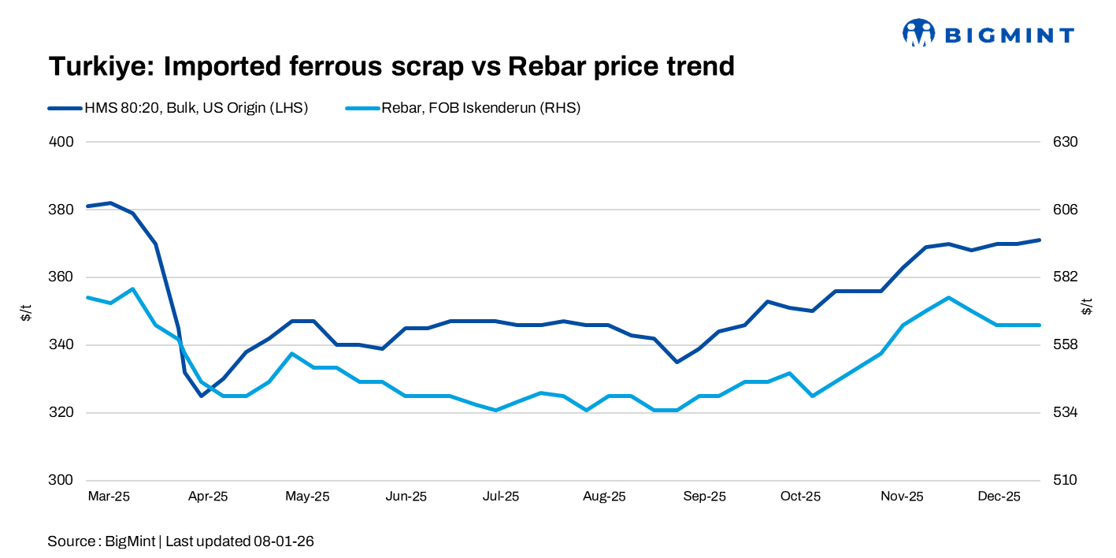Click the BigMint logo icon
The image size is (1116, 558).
pos(918,33)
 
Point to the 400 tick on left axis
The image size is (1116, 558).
pos(62,142)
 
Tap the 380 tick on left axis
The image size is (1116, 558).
pos(62,210)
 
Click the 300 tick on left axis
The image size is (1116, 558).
pos(62,480)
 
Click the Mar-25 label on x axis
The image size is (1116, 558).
pos(109,497)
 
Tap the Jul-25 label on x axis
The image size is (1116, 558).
pos(500,497)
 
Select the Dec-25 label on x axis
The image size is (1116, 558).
pos(999,497)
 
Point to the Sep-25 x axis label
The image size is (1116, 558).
pos(704,497)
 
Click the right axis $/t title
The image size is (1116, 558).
pos(1088,306)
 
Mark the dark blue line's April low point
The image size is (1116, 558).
pos(202,396)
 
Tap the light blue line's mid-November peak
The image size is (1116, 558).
pos(948,298)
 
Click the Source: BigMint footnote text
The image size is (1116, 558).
pos(102,541)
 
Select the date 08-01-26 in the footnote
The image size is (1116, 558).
pos(284,541)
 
